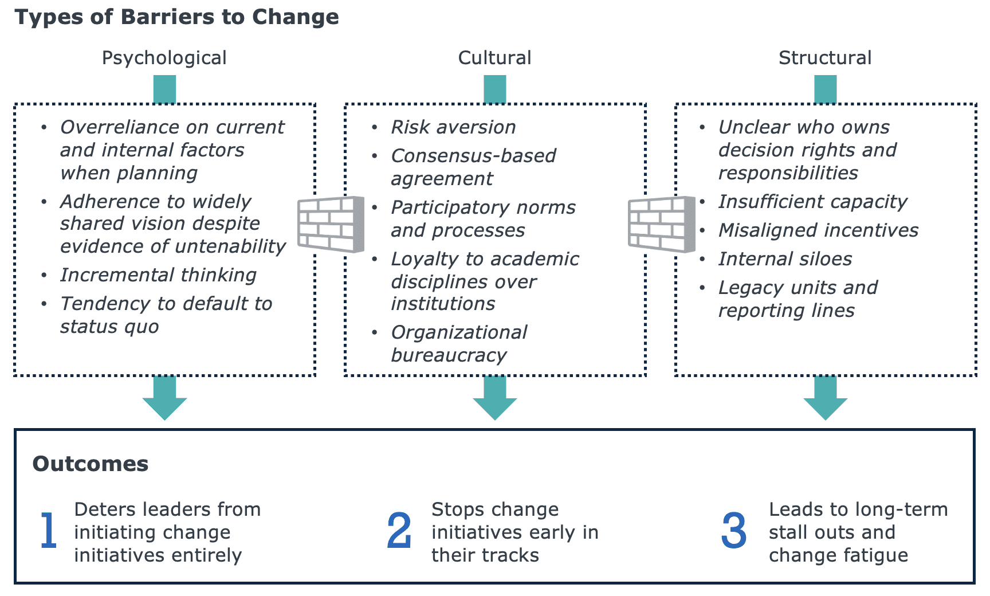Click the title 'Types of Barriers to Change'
tap(176, 17)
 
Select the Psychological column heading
tap(164, 58)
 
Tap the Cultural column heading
tap(494, 58)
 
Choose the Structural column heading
tap(825, 58)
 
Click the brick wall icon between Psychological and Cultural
tap(331, 224)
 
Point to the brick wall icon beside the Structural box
tap(661, 224)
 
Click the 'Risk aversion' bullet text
tap(453, 127)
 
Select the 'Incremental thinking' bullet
tap(158, 275)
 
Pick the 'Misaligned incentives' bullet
tap(818, 230)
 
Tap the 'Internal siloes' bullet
tap(785, 259)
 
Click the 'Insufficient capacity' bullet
tap(812, 202)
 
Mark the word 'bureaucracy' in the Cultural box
tap(449, 356)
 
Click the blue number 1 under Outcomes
tap(49, 531)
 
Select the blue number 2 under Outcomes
tap(399, 531)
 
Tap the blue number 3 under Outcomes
tap(734, 531)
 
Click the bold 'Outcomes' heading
tap(91, 464)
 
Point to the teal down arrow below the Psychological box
tap(164, 399)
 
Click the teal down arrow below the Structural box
tap(825, 399)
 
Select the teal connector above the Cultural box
tap(495, 90)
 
